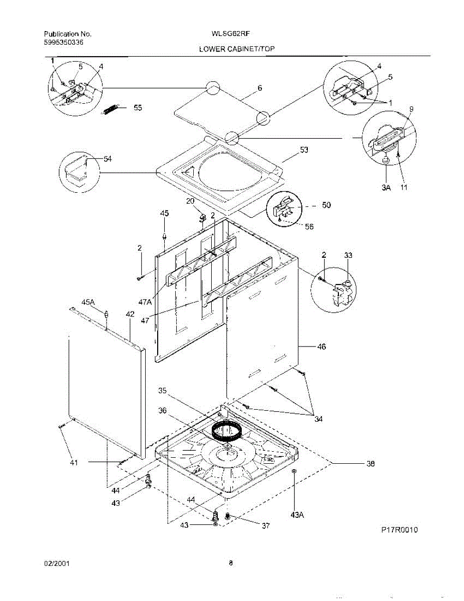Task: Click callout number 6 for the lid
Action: [260, 88]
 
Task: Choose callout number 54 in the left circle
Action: [108, 159]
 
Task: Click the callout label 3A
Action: [385, 188]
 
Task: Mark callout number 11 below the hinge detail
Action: [403, 188]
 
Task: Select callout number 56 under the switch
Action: [309, 226]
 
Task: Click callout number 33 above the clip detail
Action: [348, 255]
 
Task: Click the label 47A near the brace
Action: [145, 302]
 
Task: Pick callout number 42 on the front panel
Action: [130, 314]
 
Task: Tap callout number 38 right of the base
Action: [370, 464]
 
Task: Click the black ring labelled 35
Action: [227, 430]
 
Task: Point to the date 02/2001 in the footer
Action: [56, 563]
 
